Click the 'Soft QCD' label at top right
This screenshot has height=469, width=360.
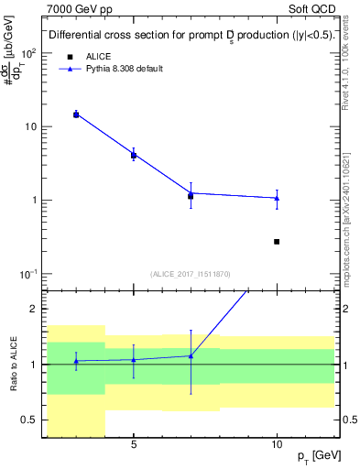314,7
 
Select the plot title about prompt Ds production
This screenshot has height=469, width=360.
190,36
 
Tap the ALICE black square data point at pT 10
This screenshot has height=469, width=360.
277,242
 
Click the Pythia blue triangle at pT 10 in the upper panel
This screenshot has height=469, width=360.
277,198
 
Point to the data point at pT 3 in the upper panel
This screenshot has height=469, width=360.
76,115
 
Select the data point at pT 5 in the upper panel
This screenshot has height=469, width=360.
134,155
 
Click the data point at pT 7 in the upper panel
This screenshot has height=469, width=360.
191,194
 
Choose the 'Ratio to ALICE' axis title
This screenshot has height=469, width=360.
11,365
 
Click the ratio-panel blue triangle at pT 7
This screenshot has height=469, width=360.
191,355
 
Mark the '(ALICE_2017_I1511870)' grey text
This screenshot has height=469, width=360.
191,273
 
